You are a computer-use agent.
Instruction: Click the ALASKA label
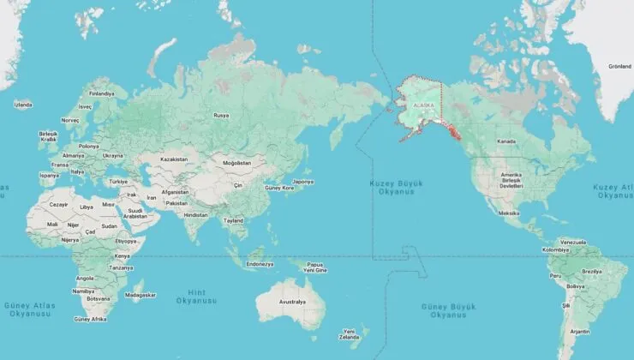point(424,105)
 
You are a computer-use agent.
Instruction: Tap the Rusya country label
point(221,115)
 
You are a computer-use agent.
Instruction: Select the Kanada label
point(506,141)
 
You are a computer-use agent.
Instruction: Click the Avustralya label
point(292,302)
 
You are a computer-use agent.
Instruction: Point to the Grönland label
point(619,66)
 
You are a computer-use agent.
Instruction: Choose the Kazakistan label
point(173,159)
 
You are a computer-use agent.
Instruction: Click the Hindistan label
point(196,214)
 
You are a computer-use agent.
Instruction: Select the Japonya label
point(302,182)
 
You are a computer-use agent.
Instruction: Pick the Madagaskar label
point(141,294)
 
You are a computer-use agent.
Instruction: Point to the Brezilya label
point(592,271)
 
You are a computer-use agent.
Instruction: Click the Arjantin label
point(579,331)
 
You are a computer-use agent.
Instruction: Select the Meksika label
point(509,213)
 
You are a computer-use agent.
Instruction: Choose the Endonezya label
point(259,264)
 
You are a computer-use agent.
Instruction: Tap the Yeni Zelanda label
point(349,333)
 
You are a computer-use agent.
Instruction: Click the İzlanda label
point(23,105)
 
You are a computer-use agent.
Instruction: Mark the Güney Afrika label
point(90,319)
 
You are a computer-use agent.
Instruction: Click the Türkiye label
point(117,182)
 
